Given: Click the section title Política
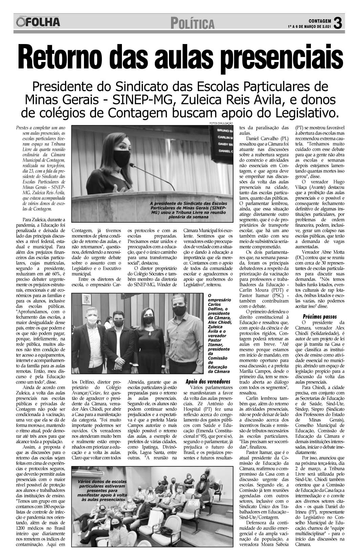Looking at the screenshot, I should tap(192, 23).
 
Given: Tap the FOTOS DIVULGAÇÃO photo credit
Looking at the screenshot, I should tap(222, 123).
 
